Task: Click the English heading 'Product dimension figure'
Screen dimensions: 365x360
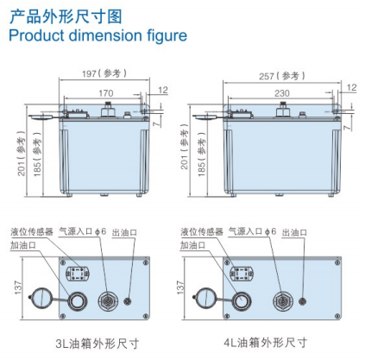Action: [98, 35]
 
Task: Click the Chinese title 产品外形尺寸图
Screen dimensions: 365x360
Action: [66, 16]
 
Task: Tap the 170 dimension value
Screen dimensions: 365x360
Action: [106, 93]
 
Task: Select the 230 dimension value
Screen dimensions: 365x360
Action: [281, 93]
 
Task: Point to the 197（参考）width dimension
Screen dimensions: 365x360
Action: [104, 73]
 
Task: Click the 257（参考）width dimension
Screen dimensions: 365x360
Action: [282, 76]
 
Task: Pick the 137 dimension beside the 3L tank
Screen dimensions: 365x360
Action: [18, 287]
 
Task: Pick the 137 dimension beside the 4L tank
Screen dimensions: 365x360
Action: [180, 287]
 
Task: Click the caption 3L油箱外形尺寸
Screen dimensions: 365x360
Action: [98, 344]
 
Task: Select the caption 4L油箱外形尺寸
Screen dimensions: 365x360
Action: [266, 343]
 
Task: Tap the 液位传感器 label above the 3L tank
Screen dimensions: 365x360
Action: [32, 231]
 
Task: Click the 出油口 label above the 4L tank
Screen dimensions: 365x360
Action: [294, 232]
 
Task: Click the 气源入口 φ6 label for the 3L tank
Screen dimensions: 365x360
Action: [83, 231]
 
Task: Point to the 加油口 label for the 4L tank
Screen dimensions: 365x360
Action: [193, 245]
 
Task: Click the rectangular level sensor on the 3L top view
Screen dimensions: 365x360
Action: [78, 273]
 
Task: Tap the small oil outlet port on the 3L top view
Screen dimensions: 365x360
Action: [128, 301]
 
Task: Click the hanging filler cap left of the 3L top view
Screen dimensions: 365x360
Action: [41, 298]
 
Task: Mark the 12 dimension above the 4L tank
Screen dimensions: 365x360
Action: [351, 87]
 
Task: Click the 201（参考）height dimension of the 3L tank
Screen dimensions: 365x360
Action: [22, 153]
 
